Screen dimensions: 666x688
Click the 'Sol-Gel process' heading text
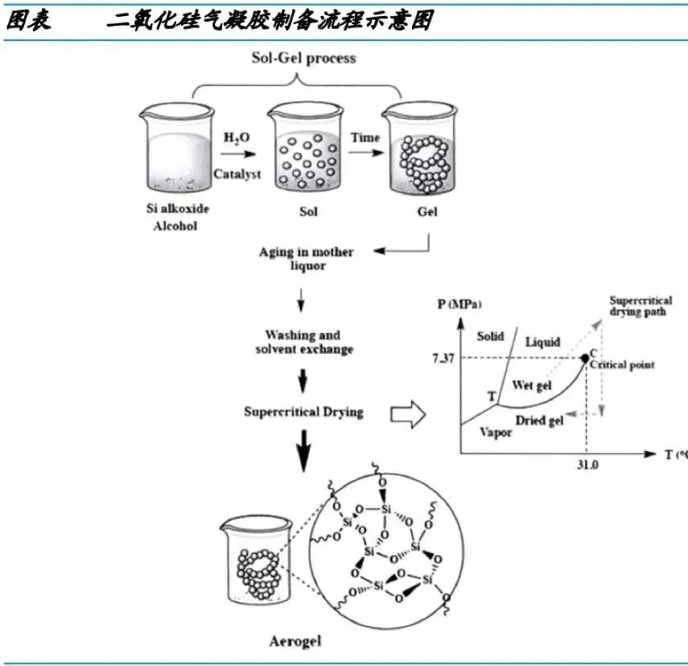301,58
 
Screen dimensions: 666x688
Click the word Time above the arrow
365,138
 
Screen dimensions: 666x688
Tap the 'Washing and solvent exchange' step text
303,342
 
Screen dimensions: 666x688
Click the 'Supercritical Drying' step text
303,412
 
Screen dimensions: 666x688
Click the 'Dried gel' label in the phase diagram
539,419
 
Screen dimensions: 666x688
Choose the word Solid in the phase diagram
489,336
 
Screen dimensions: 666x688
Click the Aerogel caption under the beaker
295,642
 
